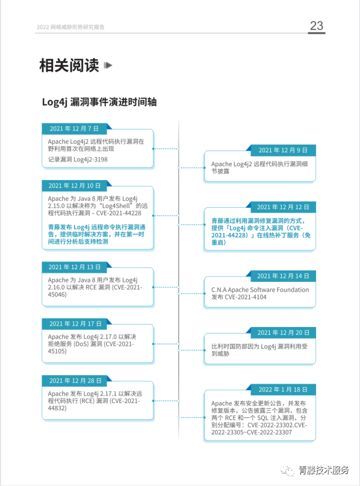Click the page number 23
pyautogui.click(x=317, y=26)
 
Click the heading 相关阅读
pyautogui.click(x=69, y=66)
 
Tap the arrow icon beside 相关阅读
pyautogui.click(x=108, y=66)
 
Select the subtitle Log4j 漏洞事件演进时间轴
pyautogui.click(x=99, y=102)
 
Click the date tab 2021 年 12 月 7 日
pyautogui.click(x=74, y=129)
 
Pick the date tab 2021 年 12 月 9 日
pyautogui.click(x=283, y=151)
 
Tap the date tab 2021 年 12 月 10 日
pyautogui.click(x=75, y=185)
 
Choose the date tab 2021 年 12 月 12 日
pyautogui.click(x=283, y=207)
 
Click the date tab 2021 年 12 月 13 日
pyautogui.click(x=75, y=267)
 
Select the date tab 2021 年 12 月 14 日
pyautogui.click(x=283, y=276)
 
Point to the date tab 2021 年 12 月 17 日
pyautogui.click(x=75, y=324)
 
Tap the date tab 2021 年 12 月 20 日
pyautogui.click(x=283, y=332)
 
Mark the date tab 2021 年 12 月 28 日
pyautogui.click(x=75, y=381)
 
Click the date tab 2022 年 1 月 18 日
pyautogui.click(x=283, y=390)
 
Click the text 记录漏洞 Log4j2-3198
pyautogui.click(x=78, y=160)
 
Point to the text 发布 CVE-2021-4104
pyautogui.click(x=239, y=298)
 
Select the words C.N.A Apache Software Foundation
pyautogui.click(x=260, y=290)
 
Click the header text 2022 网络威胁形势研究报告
pyautogui.click(x=70, y=27)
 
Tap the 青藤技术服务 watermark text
pyautogui.click(x=324, y=470)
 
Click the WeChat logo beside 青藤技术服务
pyautogui.click(x=287, y=470)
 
